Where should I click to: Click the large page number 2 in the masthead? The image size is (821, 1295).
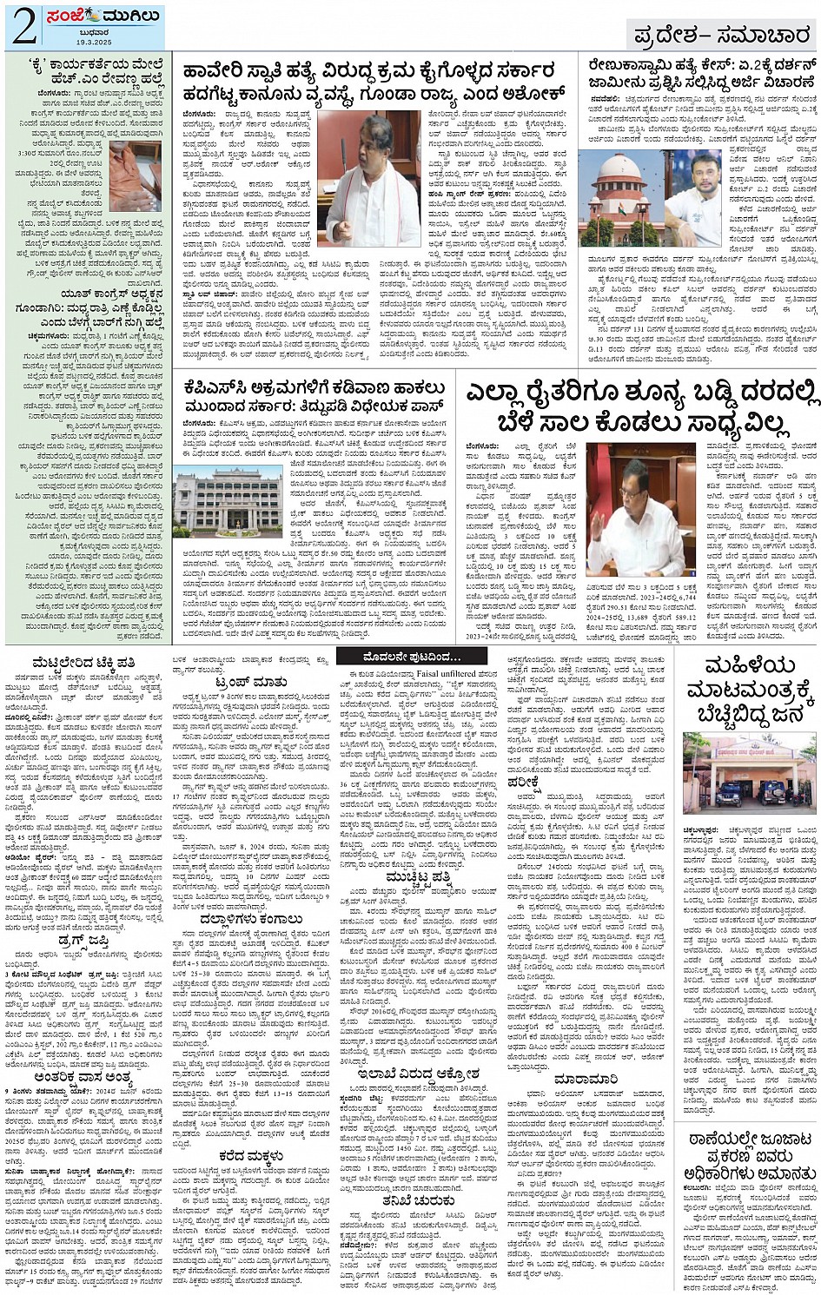click(23, 26)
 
